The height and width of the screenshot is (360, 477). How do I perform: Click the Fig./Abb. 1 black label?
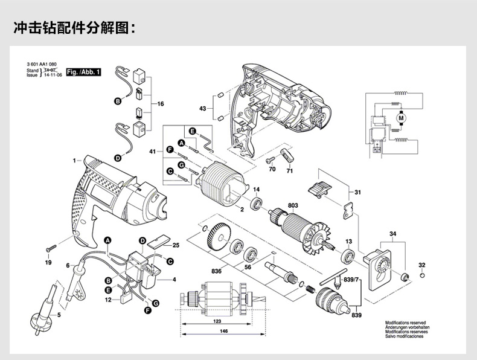point(83,72)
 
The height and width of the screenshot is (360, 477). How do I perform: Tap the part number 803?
point(293,205)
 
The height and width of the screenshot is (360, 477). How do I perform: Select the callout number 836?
point(216,270)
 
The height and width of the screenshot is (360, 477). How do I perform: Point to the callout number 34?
point(392,233)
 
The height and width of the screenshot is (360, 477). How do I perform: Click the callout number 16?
point(161,104)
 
